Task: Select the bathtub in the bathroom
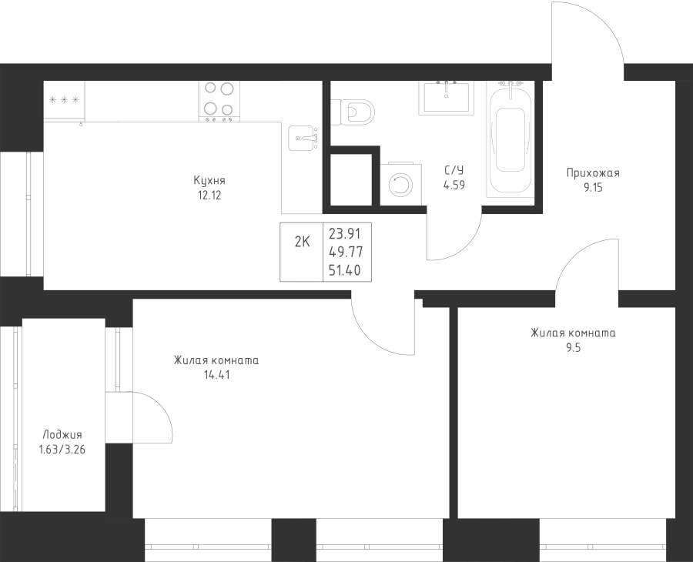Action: [x=510, y=139]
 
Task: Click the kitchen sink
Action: [x=303, y=138]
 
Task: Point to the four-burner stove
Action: [x=219, y=102]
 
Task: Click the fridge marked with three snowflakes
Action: [x=64, y=101]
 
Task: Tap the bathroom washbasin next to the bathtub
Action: [x=447, y=97]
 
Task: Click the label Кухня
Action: [x=209, y=181]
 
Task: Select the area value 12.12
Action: [x=209, y=196]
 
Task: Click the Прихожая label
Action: [x=593, y=173]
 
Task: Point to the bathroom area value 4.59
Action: [x=454, y=185]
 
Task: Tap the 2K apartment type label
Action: [x=303, y=242]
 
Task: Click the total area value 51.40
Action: [x=345, y=270]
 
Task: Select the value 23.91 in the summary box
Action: [x=345, y=232]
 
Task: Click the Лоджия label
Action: [x=62, y=435]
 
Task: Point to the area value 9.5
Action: [x=573, y=348]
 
